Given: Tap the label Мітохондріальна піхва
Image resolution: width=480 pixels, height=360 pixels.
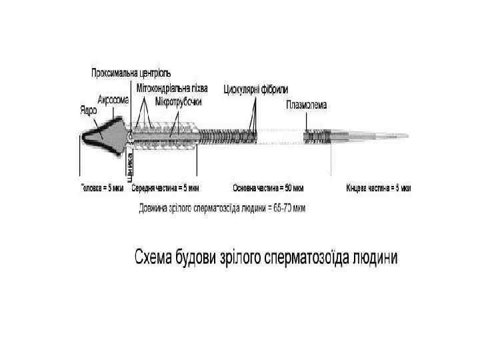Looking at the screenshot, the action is pos(171,88).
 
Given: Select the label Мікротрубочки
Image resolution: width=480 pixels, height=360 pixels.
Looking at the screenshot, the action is pos(178,101).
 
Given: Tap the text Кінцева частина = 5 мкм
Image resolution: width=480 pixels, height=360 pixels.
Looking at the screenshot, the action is pos(378,189).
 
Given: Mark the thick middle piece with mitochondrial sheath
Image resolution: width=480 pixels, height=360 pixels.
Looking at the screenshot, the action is pos(167,135).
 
